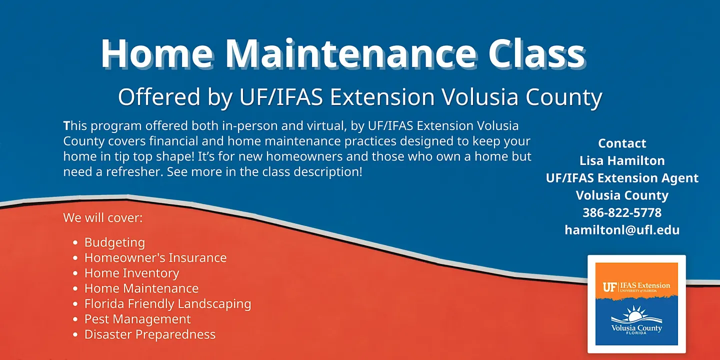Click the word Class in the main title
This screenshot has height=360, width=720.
536,53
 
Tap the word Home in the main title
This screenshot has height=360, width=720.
157,53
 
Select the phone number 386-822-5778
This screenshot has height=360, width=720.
622,213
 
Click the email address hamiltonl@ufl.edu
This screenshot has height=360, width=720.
622,230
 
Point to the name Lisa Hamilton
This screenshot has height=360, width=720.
622,160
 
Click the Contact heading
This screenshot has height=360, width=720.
622,143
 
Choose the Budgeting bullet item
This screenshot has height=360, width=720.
115,242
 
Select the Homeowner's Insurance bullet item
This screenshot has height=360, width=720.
155,258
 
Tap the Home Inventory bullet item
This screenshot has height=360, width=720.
132,273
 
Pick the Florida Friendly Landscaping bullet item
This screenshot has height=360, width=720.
168,304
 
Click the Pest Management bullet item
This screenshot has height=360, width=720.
137,319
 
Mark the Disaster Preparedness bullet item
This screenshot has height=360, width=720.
150,334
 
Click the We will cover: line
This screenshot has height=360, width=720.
103,218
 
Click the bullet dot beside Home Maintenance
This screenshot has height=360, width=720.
75,288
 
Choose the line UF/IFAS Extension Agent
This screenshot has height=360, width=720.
622,178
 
